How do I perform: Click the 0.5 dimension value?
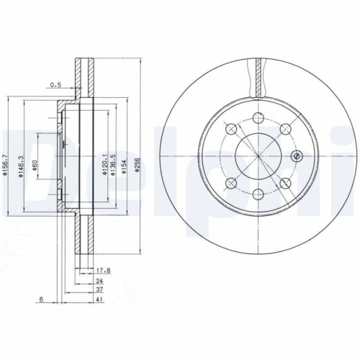coord(55,84)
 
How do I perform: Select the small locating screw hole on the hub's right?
coord(294,156)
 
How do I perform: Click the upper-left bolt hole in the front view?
coord(230,129)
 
